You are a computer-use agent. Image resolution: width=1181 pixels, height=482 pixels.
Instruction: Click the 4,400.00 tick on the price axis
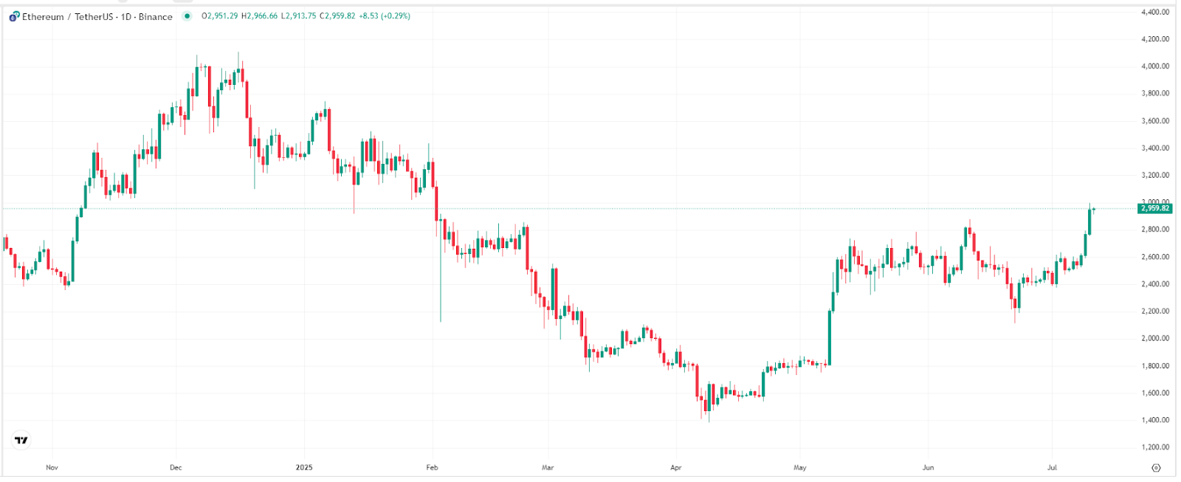coord(1155,12)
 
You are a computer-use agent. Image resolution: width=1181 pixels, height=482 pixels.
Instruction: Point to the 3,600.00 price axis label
coord(1155,121)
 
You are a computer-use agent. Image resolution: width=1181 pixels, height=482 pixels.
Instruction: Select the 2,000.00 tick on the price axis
coord(1155,339)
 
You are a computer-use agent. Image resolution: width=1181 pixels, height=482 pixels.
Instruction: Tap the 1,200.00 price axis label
coord(1155,447)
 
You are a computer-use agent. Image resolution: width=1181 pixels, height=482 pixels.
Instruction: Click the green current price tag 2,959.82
coord(1155,209)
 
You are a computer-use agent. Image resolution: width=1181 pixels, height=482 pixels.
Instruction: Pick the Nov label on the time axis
coord(52,467)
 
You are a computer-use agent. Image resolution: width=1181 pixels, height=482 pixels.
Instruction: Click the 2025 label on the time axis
coord(304,467)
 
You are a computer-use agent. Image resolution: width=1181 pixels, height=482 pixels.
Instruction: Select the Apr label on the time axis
coord(675,467)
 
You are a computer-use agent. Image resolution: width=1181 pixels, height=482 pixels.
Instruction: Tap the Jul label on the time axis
coord(1052,467)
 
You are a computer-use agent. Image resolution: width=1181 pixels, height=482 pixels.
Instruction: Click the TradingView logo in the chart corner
coord(21,441)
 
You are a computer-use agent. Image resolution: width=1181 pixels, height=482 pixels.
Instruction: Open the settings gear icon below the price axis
coord(1156,467)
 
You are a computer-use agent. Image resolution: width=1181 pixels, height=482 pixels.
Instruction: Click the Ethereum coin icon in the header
coord(14,16)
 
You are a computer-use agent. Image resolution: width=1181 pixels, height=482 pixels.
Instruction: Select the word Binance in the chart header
coord(156,16)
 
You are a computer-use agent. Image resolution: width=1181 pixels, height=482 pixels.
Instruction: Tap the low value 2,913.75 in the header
coord(300,16)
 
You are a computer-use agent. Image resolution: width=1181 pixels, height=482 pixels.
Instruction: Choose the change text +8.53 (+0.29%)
coord(385,16)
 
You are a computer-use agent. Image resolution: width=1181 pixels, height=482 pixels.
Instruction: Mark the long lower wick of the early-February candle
coord(441,288)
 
